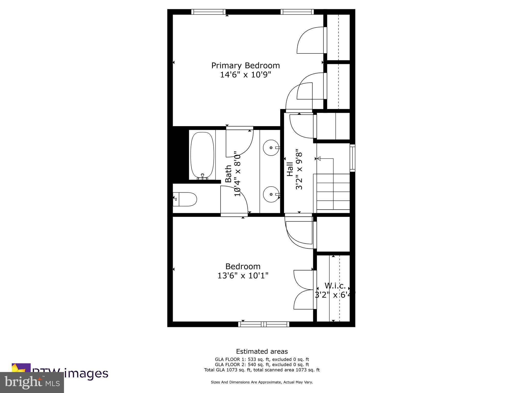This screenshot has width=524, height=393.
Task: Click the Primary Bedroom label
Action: (x=245, y=65)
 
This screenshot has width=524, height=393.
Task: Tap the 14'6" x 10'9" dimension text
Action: (x=245, y=75)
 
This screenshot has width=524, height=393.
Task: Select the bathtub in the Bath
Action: (x=202, y=155)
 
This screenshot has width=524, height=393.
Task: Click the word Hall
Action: (x=290, y=169)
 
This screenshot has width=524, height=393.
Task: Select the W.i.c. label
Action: (x=335, y=286)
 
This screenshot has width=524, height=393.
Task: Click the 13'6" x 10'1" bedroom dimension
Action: (x=243, y=276)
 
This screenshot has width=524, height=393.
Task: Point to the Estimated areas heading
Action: (x=262, y=351)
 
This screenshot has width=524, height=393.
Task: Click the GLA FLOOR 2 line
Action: (x=262, y=365)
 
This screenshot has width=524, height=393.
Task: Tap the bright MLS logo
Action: (x=32, y=382)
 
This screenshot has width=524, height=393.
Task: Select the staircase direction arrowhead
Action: (x=319, y=159)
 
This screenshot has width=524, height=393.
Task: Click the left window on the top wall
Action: (x=209, y=12)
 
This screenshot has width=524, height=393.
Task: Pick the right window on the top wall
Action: (x=297, y=12)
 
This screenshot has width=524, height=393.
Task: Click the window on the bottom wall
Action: (x=264, y=324)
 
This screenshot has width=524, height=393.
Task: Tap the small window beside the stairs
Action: (x=353, y=158)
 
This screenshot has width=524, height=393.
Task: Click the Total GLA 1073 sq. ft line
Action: (x=262, y=370)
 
